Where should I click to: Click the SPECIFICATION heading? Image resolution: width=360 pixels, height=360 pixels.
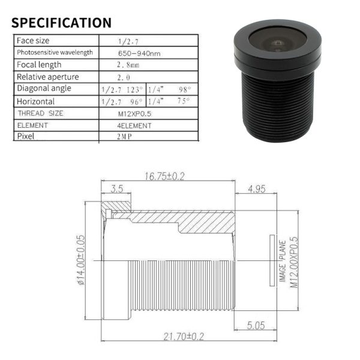61,23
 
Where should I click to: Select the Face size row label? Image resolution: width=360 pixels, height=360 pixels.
33,41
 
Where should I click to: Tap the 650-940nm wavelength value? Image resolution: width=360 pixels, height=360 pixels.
139,53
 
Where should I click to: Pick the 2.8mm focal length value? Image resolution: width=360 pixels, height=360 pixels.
128,65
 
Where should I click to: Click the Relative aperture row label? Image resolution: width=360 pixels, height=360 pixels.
48,77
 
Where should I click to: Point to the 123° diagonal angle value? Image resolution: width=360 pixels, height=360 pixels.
135,89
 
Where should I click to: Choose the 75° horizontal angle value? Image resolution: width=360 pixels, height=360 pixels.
184,101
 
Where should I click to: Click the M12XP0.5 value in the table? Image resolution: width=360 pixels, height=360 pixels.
134,114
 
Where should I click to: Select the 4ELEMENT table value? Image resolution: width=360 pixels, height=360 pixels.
134,126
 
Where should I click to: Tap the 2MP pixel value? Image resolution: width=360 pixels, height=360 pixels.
124,137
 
